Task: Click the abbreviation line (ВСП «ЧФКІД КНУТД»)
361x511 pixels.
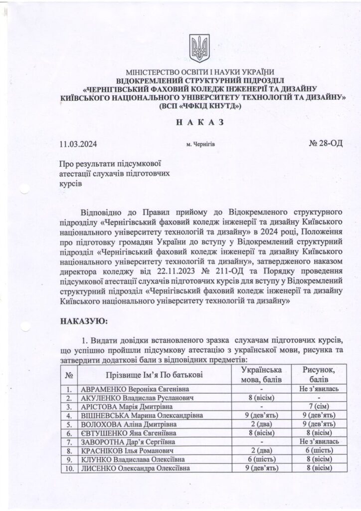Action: (x=199, y=106)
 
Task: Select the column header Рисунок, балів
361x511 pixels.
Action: (x=319, y=375)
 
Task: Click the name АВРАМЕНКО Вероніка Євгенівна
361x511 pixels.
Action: (x=136, y=388)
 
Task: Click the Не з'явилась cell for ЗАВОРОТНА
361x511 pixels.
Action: (x=319, y=442)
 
